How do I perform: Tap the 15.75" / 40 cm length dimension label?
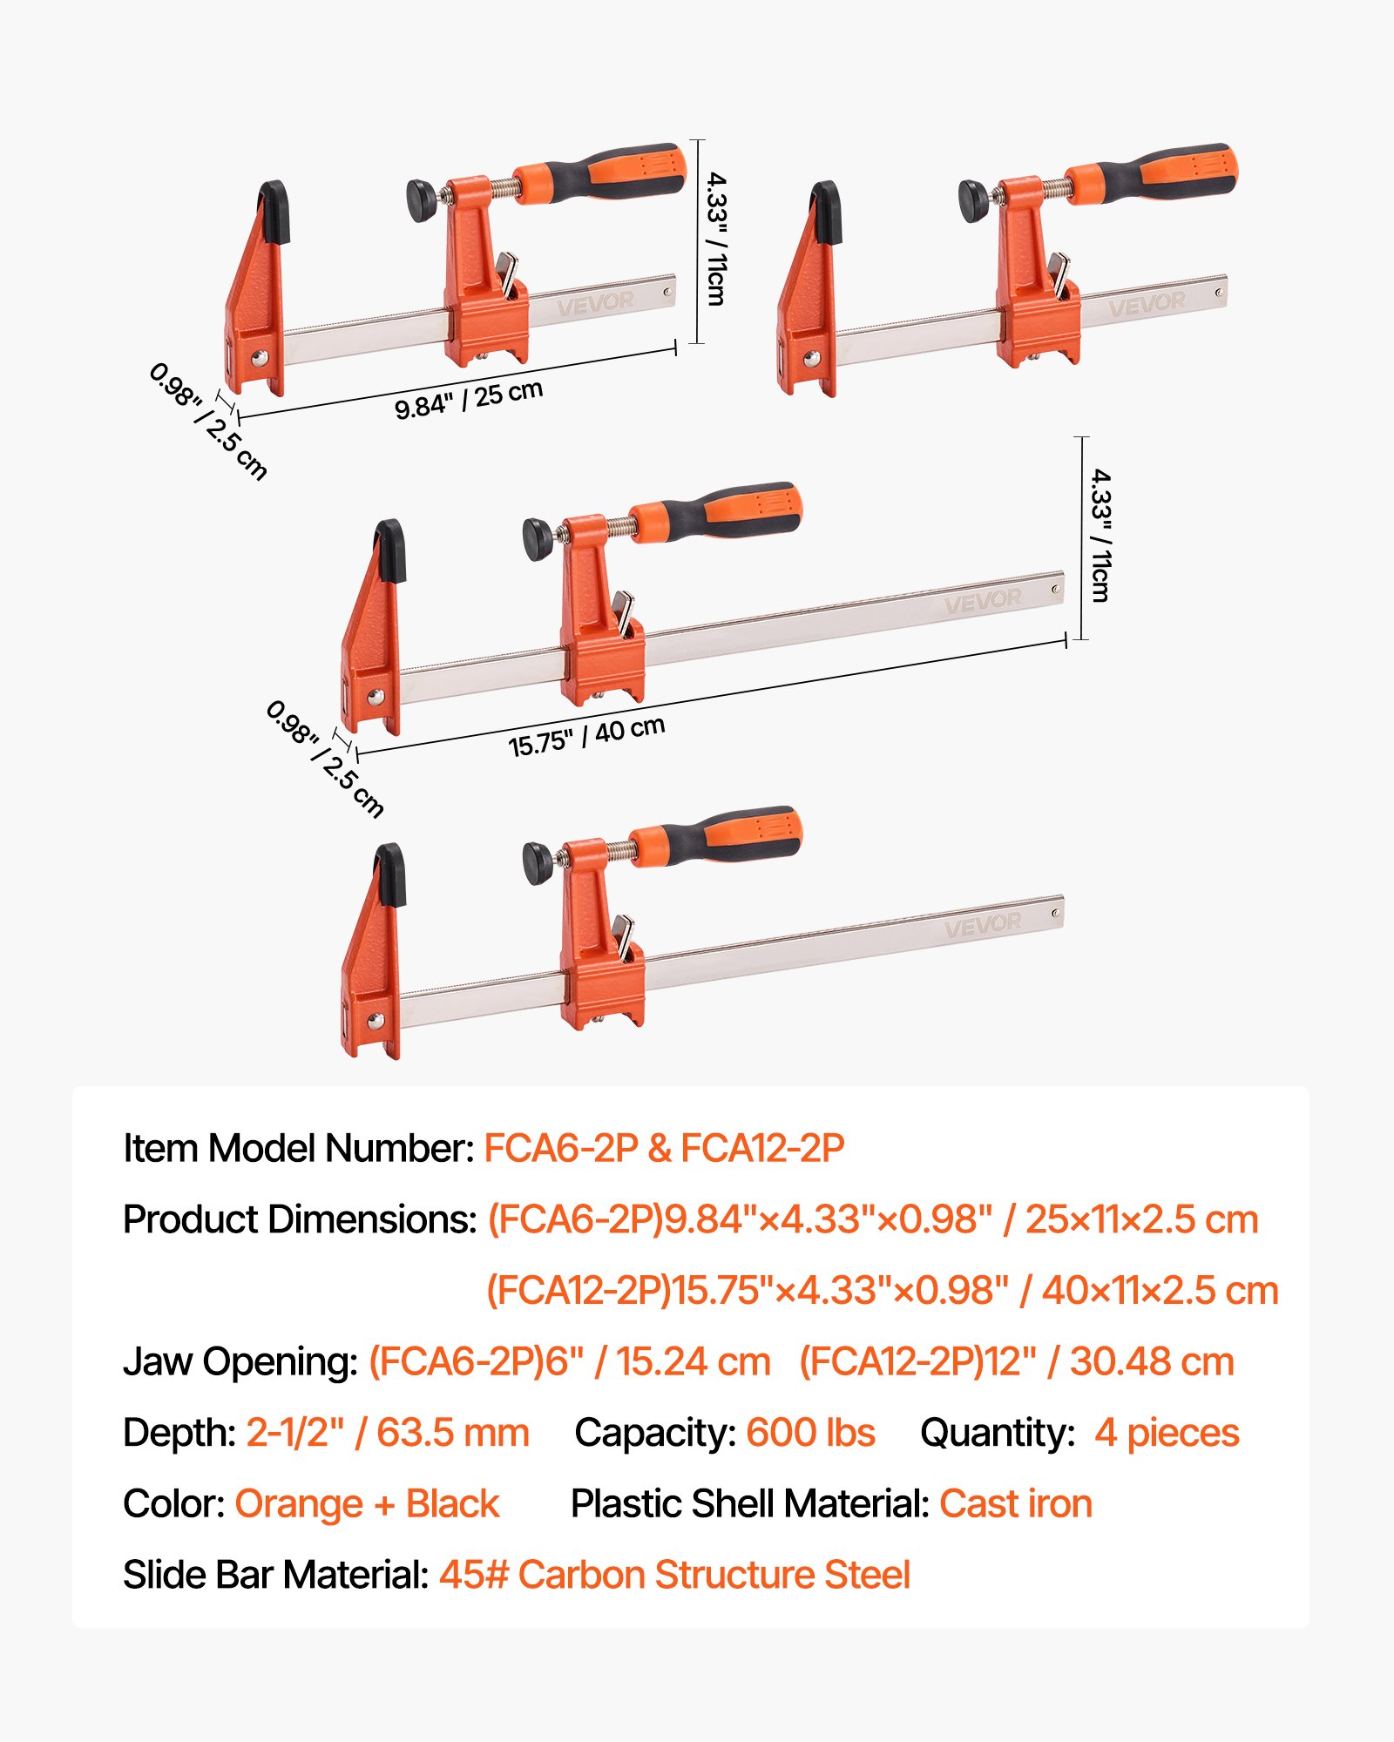pos(586,736)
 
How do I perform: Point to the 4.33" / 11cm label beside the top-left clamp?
pos(716,239)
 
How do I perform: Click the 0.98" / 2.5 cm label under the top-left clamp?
pos(208,422)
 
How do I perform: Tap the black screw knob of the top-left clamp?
pos(423,199)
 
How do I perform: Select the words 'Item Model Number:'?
pos(299,1148)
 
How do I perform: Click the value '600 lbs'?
pos(810,1433)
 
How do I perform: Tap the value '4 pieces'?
pos(1167,1433)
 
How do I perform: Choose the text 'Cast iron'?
pos(1016,1504)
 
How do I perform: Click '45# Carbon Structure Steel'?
pos(674,1575)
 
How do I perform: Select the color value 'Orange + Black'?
pos(367,1504)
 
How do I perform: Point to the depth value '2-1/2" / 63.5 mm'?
pos(388,1433)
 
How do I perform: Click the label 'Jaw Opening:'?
pos(240,1361)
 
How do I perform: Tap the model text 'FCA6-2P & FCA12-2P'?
pos(664,1148)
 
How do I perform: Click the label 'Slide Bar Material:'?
pos(276,1575)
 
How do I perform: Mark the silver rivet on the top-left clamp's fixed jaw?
pos(260,357)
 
